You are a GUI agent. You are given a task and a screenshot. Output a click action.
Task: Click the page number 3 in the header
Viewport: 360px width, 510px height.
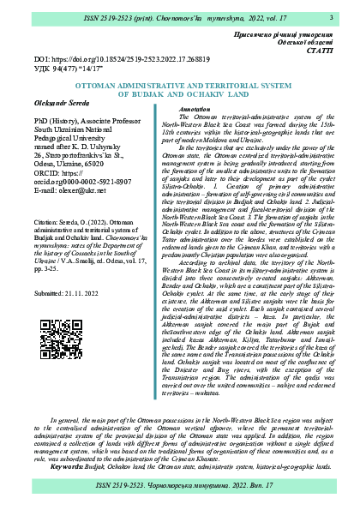click(x=331, y=16)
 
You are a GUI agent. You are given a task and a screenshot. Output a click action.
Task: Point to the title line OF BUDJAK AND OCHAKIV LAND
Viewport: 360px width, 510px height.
click(x=179, y=95)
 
